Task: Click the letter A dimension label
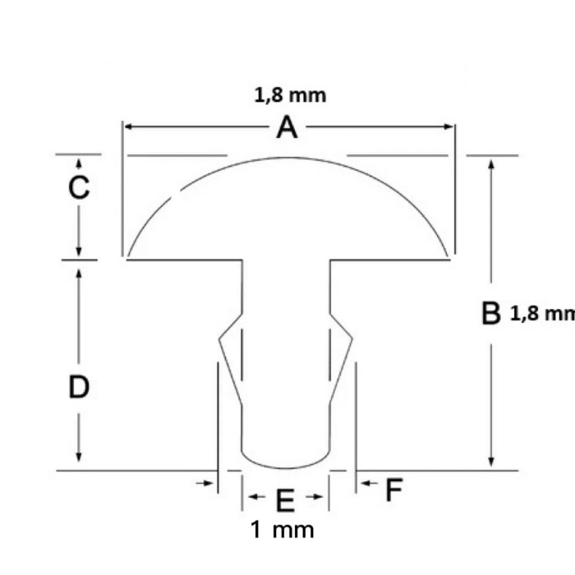tap(286, 127)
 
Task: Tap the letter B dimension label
tap(490, 313)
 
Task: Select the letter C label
tap(79, 188)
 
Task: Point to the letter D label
tap(78, 387)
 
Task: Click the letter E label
tap(284, 499)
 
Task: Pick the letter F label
tap(394, 491)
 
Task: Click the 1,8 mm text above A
tap(290, 95)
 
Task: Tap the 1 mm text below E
tap(282, 530)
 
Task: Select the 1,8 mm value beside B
tap(542, 313)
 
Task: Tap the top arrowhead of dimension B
tap(491, 163)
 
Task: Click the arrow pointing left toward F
tap(366, 484)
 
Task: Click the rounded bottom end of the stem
tap(286, 463)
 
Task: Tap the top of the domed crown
tap(287, 158)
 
